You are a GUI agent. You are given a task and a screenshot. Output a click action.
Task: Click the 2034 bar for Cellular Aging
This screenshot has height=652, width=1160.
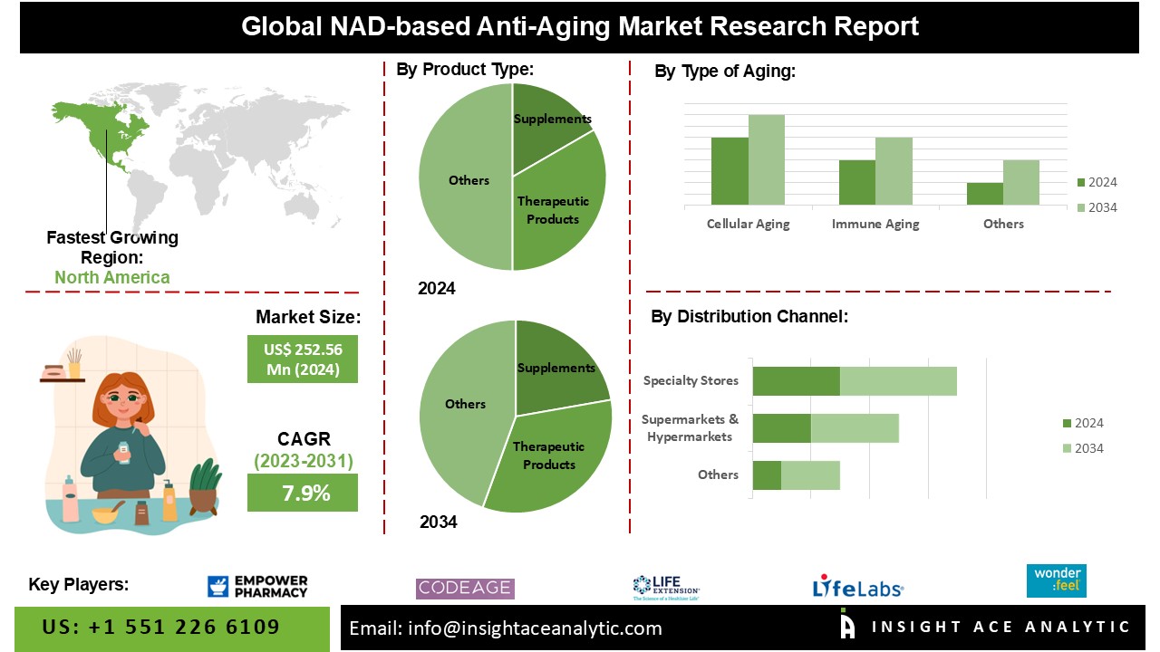point(767,159)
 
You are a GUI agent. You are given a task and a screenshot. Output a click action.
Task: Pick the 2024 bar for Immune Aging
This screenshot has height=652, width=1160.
point(856,182)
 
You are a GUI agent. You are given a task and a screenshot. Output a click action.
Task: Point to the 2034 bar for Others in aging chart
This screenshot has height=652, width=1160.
point(1021,182)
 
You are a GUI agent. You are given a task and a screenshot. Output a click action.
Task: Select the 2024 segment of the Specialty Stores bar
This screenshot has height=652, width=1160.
point(796,381)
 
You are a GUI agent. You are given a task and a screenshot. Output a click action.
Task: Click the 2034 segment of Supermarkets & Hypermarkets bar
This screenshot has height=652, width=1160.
point(855,428)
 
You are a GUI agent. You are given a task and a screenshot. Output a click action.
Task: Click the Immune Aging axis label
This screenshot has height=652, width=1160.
point(875,224)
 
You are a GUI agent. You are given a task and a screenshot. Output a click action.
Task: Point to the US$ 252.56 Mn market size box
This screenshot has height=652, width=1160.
point(303,359)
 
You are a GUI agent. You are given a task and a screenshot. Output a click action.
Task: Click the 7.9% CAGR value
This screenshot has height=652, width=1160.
point(303,494)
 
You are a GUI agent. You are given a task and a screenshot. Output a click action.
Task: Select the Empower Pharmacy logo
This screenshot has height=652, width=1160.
point(257,587)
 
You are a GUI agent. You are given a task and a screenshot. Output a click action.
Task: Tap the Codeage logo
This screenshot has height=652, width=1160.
point(465,589)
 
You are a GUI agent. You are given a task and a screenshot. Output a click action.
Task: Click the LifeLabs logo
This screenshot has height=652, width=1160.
point(857,587)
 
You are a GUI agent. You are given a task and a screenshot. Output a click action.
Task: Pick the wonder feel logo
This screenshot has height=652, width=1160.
point(1056,580)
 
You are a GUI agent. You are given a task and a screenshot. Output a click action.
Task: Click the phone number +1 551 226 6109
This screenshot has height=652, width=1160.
point(161,628)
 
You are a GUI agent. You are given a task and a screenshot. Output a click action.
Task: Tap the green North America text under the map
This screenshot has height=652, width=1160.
point(111,277)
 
